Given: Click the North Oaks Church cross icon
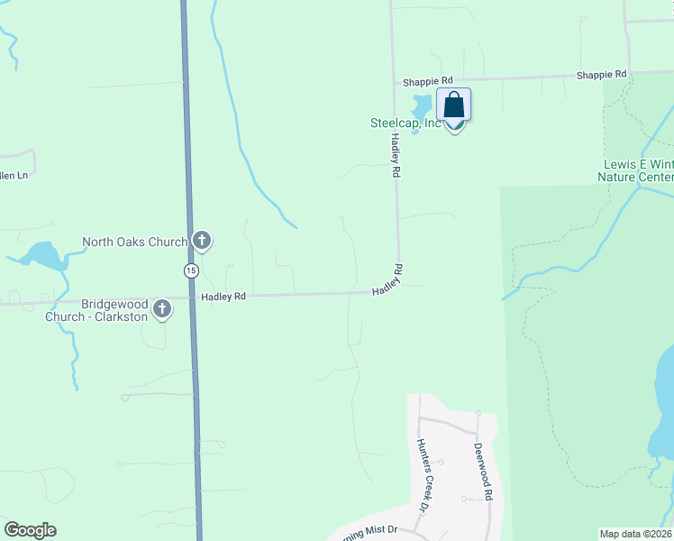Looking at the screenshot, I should coord(202,241).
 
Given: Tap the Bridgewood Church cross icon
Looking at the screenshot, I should coord(162,309).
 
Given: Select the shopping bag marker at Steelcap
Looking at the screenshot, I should coord(453,106).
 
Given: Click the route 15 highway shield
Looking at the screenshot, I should coord(190,270).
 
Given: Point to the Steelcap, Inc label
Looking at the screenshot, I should coord(405,124).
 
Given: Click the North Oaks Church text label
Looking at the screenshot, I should coord(134,242).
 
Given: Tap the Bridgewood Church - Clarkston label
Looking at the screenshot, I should coord(114,311).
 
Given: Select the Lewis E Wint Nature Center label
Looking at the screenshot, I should coord(636,170).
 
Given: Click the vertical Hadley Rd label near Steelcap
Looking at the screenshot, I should coord(395,155).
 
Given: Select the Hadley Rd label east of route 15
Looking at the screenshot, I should coord(224,296).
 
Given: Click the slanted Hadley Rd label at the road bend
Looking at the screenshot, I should coord(387,280).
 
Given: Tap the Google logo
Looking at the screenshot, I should coord(30,530).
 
